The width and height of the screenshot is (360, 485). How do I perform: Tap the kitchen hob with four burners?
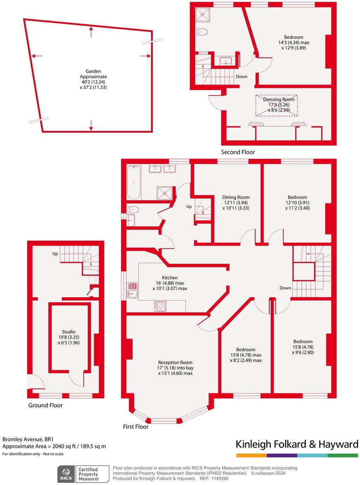pos(160,306)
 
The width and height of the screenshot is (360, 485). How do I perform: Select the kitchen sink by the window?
pos(132,293)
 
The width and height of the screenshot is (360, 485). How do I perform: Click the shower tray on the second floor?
pos(203,14)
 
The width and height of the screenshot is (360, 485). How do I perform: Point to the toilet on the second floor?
pos(202,31)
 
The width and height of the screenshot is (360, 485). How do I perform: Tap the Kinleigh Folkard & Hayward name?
pos(296,444)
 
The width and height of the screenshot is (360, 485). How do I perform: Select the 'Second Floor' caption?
pos(238,152)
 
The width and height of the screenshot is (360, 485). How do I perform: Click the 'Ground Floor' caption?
pos(45,405)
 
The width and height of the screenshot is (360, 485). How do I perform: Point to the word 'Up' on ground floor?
pos(54,253)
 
